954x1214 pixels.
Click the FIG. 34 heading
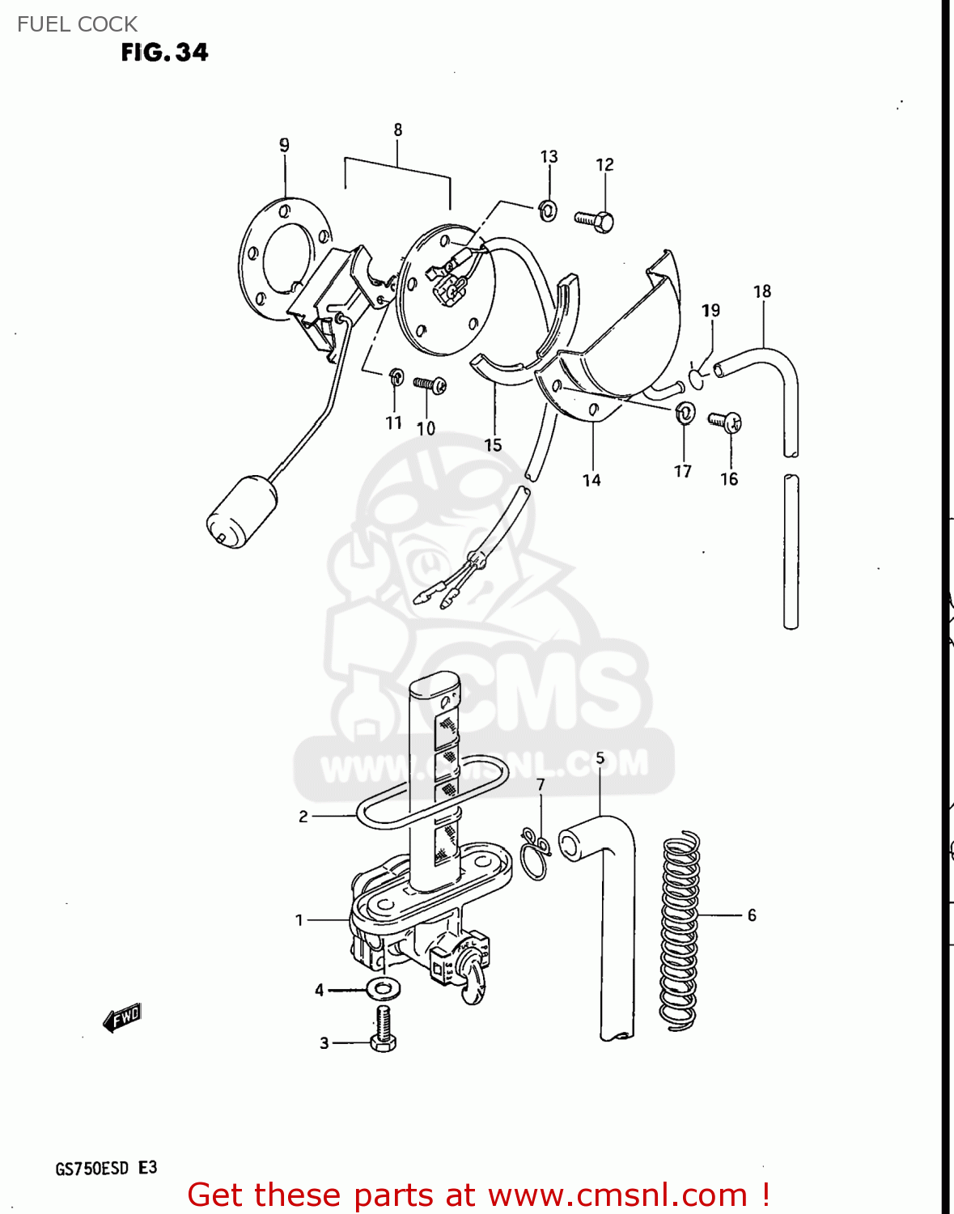(164, 53)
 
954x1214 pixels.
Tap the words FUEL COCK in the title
(77, 24)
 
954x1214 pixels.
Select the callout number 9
(284, 145)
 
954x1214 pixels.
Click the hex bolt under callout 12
(594, 221)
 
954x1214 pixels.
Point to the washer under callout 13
(549, 210)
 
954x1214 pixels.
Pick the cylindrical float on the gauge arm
(241, 511)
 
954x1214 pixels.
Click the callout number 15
(494, 445)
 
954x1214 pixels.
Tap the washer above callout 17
(685, 412)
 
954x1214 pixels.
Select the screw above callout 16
(725, 422)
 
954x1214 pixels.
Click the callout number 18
(762, 291)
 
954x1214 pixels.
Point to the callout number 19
(710, 311)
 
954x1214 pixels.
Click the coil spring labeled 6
(680, 932)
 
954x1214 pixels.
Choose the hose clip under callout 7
(536, 853)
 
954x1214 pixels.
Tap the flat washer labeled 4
(383, 989)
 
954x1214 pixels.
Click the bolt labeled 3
(383, 1029)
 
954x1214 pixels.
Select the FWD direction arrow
(122, 1017)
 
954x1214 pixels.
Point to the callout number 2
(303, 817)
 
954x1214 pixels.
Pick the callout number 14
(591, 480)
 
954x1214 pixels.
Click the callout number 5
(600, 758)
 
